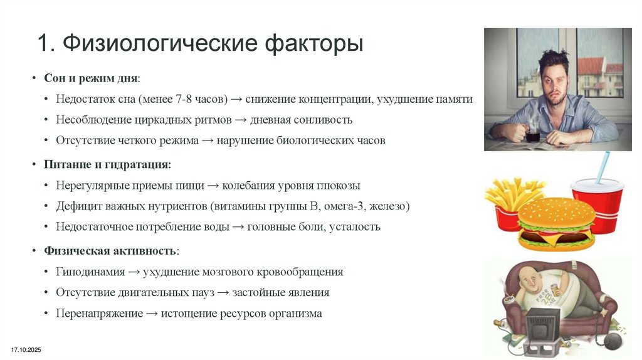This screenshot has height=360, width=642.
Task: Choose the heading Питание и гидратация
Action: pyautogui.click(x=106, y=164)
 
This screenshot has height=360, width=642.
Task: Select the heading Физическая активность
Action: pyautogui.click(x=110, y=251)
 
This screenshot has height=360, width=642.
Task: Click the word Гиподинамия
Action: pyautogui.click(x=89, y=272)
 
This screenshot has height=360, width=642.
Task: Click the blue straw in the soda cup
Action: pyautogui.click(x=603, y=166)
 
